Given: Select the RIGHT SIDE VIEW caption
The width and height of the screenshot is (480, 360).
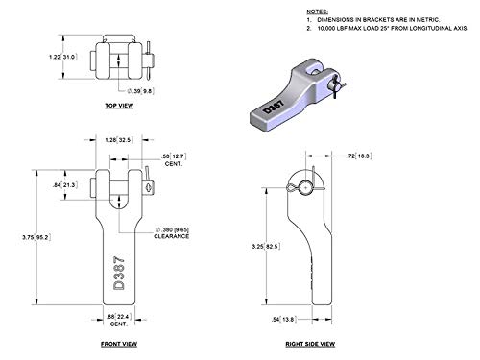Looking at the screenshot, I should click(x=309, y=341).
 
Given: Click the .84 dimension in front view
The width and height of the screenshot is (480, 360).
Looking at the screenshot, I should click(x=59, y=184).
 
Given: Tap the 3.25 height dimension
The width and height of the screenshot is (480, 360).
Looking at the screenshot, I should click(x=248, y=247).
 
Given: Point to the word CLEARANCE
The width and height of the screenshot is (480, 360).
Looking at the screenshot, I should click(x=174, y=236).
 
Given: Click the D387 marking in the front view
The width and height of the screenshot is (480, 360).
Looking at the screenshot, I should click(x=119, y=275).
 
